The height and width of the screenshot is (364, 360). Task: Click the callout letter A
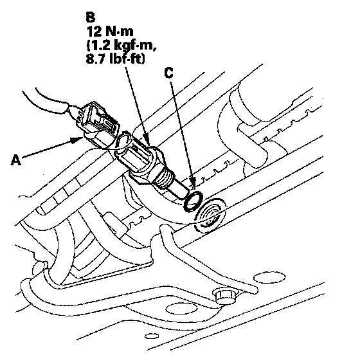point(16,160)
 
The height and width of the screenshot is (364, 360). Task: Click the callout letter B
point(90,17)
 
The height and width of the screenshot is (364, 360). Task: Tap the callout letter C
point(168,73)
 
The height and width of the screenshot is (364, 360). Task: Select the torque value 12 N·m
point(110,32)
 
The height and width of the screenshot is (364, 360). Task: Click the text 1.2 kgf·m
point(122,45)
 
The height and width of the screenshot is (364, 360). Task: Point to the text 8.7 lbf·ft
point(115,59)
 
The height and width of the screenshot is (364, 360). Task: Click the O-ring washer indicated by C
point(194,201)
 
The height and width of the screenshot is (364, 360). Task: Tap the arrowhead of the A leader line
point(78,140)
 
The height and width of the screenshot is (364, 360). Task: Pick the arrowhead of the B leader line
point(147,140)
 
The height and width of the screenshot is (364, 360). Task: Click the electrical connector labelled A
point(98,125)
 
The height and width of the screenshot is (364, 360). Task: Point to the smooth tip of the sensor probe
point(179,189)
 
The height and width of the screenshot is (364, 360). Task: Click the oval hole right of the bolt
point(269,278)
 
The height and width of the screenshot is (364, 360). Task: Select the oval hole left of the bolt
point(182,309)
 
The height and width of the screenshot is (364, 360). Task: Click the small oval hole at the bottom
point(152,336)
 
